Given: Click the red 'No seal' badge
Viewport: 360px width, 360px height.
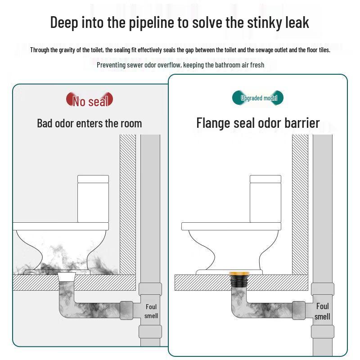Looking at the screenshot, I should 90,100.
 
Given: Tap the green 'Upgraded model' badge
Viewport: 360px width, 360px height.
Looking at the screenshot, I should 259,98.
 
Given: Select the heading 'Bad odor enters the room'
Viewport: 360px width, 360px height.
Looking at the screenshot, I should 89,123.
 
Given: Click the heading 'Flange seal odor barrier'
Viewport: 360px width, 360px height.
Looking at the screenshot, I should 258,123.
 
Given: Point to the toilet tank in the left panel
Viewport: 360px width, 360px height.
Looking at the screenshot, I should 93,198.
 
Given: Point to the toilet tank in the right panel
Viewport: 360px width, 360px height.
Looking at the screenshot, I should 265,198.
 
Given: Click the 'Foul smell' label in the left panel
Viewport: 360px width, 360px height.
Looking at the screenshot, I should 151,311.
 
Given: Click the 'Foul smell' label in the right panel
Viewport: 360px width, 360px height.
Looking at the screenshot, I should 322,311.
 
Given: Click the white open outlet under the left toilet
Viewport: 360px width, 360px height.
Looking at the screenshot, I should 67,275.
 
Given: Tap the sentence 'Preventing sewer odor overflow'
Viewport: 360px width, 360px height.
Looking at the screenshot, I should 139,65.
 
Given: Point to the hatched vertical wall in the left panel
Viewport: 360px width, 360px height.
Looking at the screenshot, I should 127,202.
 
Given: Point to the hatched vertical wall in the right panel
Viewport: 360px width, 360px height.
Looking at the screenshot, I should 300,202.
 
